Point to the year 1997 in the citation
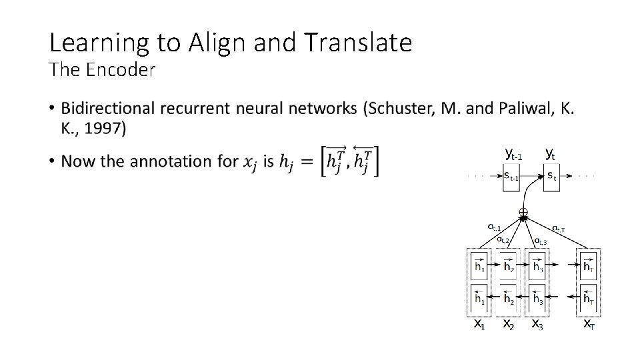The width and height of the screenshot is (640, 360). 105,129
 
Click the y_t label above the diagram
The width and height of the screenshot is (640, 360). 551,154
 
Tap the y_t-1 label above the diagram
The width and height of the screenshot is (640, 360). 513,154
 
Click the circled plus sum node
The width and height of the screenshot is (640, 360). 523,214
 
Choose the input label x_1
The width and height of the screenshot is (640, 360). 479,324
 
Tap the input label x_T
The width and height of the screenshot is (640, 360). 589,324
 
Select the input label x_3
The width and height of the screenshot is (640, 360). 537,324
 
